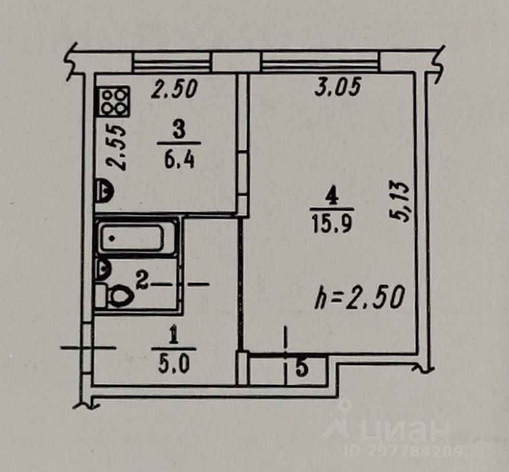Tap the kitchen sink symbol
(104, 190)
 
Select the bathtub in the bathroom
(132, 238)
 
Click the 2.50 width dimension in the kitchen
(174, 89)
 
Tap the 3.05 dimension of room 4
(337, 87)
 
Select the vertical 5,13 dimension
(400, 202)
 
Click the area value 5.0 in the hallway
(173, 365)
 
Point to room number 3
(178, 131)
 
